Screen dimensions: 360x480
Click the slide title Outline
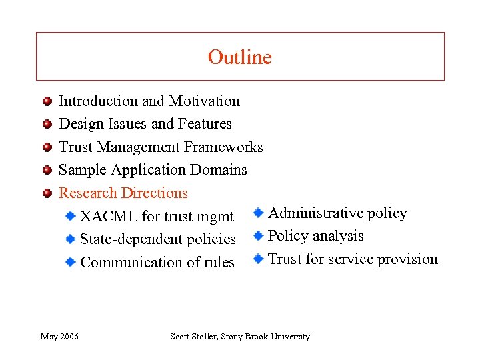coord(239,57)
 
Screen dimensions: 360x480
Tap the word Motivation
coord(204,101)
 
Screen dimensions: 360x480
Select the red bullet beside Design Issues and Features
coord(47,125)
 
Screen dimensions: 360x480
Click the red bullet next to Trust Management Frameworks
coord(47,147)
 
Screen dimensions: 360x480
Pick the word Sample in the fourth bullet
coord(83,170)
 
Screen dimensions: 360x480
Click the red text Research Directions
coord(123,193)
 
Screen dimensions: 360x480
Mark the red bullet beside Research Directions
coord(47,193)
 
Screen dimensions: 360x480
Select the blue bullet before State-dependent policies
coord(70,239)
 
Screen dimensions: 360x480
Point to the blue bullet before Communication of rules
coord(70,262)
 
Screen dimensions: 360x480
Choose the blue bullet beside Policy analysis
coord(259,235)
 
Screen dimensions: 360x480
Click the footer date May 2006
coord(59,337)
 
